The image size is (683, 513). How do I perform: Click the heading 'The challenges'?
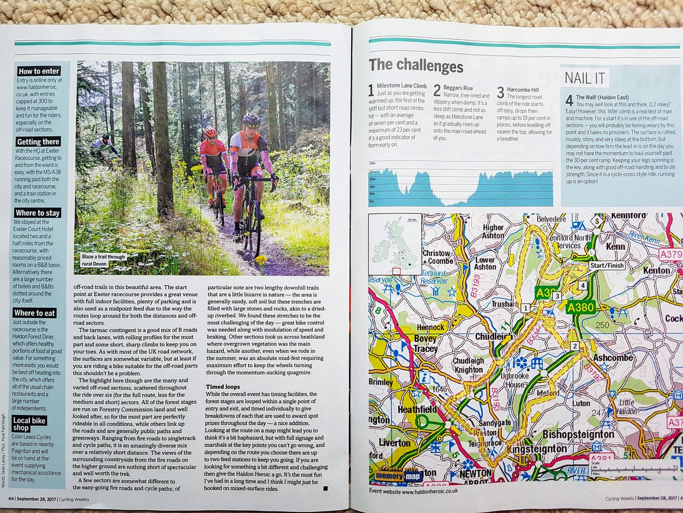(416, 65)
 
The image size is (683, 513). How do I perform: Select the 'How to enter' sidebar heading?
(39, 71)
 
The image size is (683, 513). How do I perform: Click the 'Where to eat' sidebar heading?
(35, 313)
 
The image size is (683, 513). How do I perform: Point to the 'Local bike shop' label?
(30, 424)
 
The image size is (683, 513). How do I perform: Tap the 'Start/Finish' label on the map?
(607, 266)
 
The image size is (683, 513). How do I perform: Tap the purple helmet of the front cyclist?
(251, 120)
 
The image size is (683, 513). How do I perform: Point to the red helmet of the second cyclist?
(211, 132)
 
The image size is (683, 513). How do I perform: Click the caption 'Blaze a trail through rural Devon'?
(103, 259)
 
